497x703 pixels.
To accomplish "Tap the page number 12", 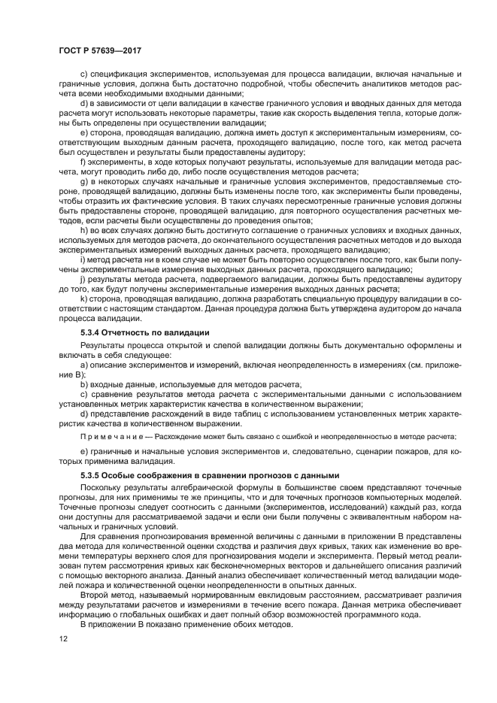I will [x=63, y=639].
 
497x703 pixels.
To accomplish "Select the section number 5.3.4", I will [x=92, y=332].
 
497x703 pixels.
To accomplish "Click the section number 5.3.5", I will [x=92, y=475].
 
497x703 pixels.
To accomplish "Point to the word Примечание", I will [x=108, y=437].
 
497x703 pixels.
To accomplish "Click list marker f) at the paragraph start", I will [x=83, y=162].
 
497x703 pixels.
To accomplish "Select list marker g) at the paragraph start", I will [x=83, y=181].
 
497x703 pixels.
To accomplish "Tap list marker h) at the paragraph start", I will [x=83, y=230].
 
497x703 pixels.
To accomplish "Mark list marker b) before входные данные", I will [x=83, y=383].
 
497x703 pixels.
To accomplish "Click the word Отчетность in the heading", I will [x=129, y=332].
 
